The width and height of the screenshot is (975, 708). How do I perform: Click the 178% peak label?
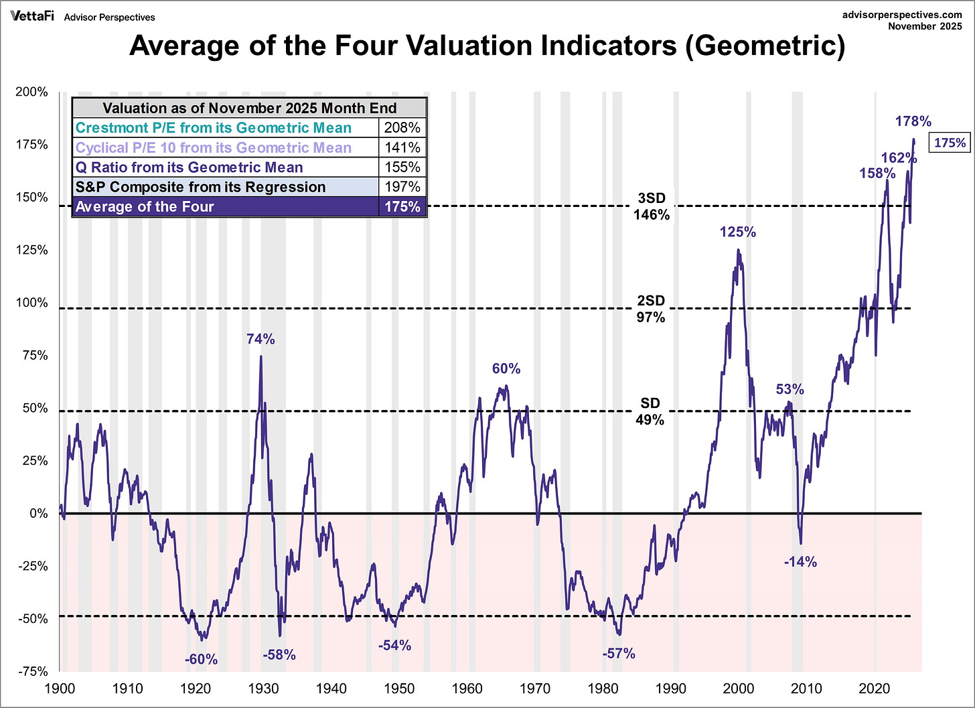(x=913, y=121)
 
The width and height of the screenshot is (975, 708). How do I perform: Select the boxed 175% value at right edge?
(x=950, y=143)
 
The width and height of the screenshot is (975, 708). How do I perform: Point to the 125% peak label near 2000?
(x=738, y=232)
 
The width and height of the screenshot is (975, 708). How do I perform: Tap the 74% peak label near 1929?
(x=260, y=339)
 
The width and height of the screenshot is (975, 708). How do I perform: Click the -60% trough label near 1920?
(x=202, y=659)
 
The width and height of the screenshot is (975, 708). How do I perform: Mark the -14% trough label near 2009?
(x=800, y=562)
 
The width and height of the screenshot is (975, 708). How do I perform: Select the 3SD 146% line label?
(x=652, y=206)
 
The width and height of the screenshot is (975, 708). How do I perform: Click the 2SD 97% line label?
(x=651, y=309)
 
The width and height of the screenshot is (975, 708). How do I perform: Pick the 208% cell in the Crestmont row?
(x=402, y=128)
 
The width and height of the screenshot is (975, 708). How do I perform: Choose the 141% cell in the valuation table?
(x=402, y=147)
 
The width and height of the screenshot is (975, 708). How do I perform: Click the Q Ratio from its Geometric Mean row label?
(x=189, y=167)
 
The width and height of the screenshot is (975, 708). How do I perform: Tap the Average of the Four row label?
(x=145, y=207)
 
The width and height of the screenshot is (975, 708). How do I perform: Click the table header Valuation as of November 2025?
(x=249, y=109)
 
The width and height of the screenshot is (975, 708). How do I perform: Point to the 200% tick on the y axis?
(x=31, y=92)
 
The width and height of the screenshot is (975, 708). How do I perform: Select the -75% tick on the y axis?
(x=31, y=671)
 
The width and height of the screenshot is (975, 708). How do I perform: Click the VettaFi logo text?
(x=31, y=16)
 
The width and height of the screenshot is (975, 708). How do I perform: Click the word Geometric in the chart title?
(x=763, y=46)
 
